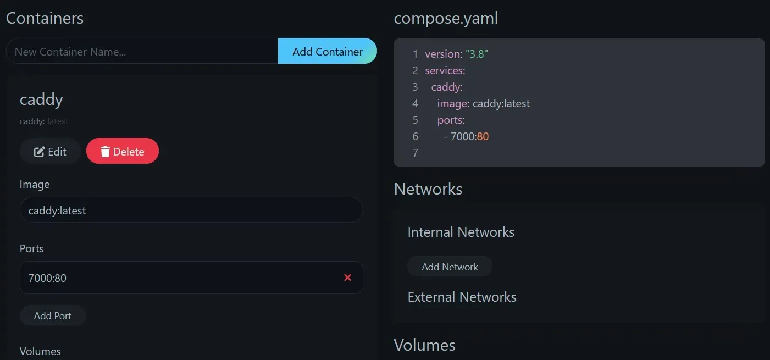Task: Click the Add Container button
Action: point(327,51)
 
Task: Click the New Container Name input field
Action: point(142,51)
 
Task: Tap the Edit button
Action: point(50,151)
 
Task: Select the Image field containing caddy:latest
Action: point(191,210)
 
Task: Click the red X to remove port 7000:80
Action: point(347,278)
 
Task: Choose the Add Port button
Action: point(53,315)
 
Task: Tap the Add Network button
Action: point(450,267)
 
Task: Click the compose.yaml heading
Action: point(446,18)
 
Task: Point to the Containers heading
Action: point(45,18)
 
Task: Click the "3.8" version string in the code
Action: point(477,54)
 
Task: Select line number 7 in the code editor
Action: point(416,153)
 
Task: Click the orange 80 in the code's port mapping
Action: point(483,136)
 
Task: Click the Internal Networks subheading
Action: point(461,232)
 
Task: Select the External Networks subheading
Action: point(462,297)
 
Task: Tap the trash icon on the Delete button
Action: point(105,151)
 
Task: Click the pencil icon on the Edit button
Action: point(39,152)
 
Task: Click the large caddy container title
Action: point(41,99)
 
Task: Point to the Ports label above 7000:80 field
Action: point(32,248)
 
